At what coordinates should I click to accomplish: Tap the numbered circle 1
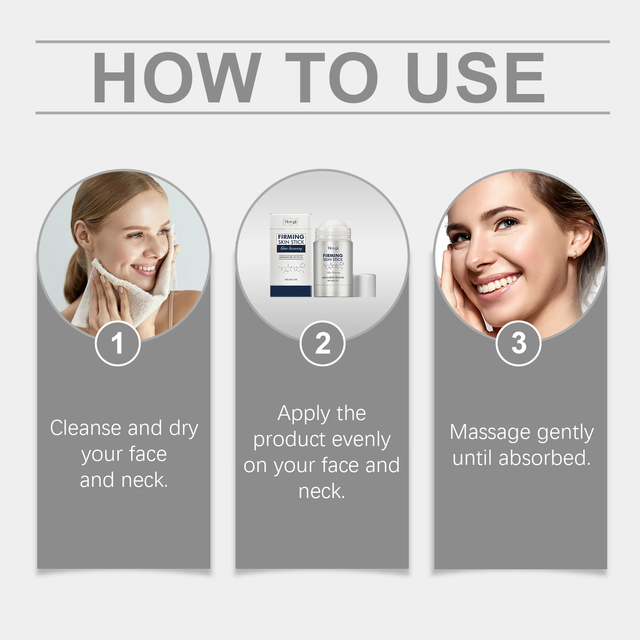coord(118,343)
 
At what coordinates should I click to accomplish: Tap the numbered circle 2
coord(322,343)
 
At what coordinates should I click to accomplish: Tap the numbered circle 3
coord(518,343)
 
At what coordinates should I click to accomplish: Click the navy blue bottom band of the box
coord(291,291)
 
